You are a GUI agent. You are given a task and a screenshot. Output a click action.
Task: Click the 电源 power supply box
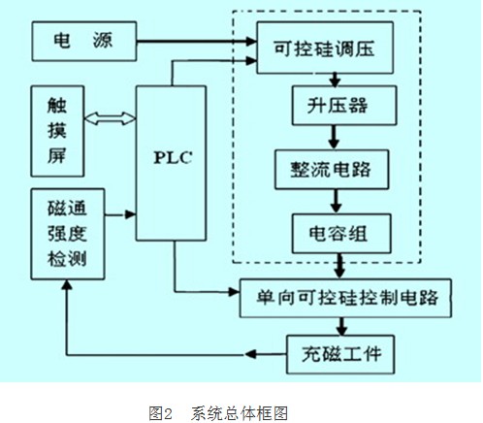(84, 41)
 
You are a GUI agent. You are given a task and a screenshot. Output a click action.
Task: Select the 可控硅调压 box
(325, 48)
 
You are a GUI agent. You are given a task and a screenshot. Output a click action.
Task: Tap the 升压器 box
(344, 106)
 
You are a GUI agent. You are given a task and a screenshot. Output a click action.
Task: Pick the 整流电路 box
(332, 170)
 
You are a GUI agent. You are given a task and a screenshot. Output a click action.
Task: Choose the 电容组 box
(341, 233)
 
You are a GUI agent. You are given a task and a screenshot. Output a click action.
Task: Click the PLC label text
(173, 158)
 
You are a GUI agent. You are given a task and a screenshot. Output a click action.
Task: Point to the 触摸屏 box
(57, 131)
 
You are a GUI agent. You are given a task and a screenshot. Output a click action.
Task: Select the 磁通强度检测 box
(68, 234)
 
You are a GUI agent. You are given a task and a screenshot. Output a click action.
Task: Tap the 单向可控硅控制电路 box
(345, 298)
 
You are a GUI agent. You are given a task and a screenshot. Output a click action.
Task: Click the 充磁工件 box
(340, 354)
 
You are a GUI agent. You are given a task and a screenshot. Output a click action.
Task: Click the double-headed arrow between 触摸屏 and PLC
(110, 118)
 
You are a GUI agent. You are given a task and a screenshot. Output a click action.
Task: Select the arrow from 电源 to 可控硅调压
(197, 41)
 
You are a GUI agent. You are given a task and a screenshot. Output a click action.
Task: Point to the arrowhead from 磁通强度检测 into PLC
(130, 214)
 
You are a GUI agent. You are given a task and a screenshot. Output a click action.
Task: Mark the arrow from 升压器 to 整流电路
(334, 137)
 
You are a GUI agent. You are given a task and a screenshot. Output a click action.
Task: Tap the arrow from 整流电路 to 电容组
(337, 201)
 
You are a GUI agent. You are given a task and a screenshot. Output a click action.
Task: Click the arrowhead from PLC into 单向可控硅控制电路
(234, 292)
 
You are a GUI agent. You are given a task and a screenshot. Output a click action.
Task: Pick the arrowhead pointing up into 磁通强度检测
(67, 284)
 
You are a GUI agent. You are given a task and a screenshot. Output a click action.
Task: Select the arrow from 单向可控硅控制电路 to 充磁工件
(341, 326)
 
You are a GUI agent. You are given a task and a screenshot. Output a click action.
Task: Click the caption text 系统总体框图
(240, 413)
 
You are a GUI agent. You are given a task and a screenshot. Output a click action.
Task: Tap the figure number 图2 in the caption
(161, 413)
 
